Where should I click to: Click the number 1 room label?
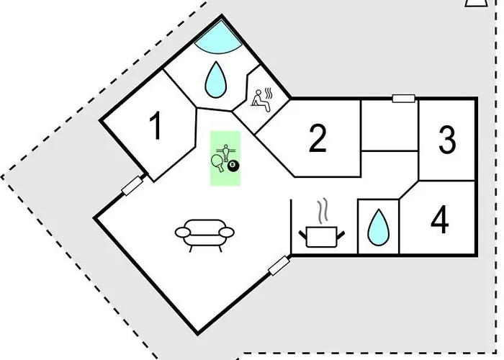[156, 125]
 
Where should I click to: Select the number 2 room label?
[318, 138]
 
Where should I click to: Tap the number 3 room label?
[447, 140]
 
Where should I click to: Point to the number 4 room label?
[440, 220]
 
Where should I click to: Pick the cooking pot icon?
[321, 237]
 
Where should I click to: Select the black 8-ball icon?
[233, 166]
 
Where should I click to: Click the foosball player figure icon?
[225, 153]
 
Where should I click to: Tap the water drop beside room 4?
[378, 227]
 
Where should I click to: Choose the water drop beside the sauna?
[216, 79]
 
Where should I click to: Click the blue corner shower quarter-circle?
[219, 37]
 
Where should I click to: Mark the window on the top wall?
[403, 99]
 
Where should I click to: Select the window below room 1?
[132, 186]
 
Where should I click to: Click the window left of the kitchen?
[279, 266]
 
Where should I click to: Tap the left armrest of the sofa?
[183, 232]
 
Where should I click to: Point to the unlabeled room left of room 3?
[390, 125]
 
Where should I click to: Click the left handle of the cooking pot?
[302, 235]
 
